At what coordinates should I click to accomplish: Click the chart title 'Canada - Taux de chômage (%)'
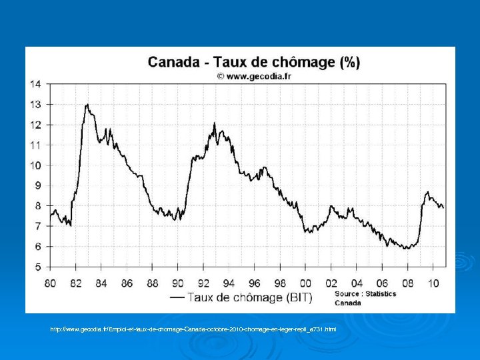(253, 62)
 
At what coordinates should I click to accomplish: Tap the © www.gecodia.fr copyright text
(253, 76)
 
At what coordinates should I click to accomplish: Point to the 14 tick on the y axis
(35, 84)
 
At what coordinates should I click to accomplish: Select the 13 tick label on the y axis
(35, 105)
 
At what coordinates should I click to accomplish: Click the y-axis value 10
(35, 165)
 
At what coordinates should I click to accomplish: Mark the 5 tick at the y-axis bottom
(38, 267)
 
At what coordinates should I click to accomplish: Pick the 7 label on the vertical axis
(38, 227)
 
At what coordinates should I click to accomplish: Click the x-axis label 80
(50, 283)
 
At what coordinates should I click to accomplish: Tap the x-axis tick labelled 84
(101, 283)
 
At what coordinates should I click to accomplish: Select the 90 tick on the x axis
(178, 283)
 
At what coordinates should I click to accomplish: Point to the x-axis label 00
(305, 283)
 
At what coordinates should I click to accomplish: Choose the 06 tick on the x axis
(382, 283)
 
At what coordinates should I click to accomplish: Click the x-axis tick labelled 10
(433, 283)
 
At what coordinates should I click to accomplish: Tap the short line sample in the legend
(178, 298)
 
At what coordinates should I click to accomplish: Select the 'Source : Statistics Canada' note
(365, 298)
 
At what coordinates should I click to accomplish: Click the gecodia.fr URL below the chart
(193, 329)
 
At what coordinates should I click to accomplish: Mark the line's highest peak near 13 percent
(87, 105)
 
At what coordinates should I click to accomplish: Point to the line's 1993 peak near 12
(214, 123)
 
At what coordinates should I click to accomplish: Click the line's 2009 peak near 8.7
(427, 192)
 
